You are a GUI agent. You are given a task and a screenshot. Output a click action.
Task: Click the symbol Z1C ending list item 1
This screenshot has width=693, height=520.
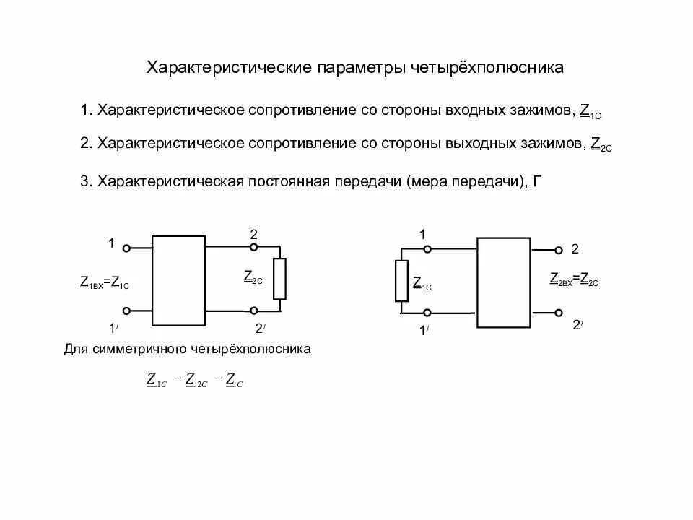tap(590, 112)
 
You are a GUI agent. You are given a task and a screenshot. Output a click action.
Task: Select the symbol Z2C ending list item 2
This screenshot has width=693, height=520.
tap(601, 144)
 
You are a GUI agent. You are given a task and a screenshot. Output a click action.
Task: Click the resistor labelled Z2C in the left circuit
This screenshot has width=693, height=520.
tap(279, 279)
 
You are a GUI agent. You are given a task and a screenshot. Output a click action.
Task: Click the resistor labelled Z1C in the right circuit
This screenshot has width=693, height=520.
tap(401, 282)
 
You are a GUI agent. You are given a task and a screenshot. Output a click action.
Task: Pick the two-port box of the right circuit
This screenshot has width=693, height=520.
tap(503, 282)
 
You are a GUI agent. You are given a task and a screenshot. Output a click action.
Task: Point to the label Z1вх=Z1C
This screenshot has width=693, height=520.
tap(105, 283)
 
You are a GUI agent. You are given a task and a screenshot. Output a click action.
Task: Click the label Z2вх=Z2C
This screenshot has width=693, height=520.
tap(574, 280)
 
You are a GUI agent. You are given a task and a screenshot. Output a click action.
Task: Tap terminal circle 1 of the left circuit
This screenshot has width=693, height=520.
tap(126, 248)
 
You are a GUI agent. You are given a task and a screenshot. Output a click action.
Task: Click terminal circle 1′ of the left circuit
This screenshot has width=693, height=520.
tap(126, 311)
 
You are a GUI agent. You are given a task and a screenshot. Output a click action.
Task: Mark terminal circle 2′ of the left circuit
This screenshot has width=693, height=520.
tap(253, 311)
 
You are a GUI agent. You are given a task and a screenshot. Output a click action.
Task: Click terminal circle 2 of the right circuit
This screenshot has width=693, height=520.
tap(558, 251)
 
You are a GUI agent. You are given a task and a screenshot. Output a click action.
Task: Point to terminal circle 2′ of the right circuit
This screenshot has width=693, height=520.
tap(558, 313)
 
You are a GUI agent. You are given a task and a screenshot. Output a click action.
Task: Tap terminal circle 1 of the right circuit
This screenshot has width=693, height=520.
tap(427, 249)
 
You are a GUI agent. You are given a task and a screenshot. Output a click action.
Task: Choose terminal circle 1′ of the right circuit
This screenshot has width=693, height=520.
tap(427, 313)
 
